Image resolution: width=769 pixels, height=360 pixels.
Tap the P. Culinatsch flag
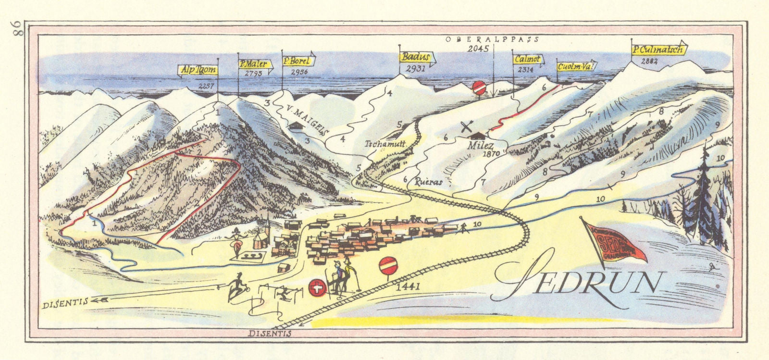[659, 49]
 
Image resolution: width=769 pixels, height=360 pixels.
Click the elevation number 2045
[480, 49]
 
